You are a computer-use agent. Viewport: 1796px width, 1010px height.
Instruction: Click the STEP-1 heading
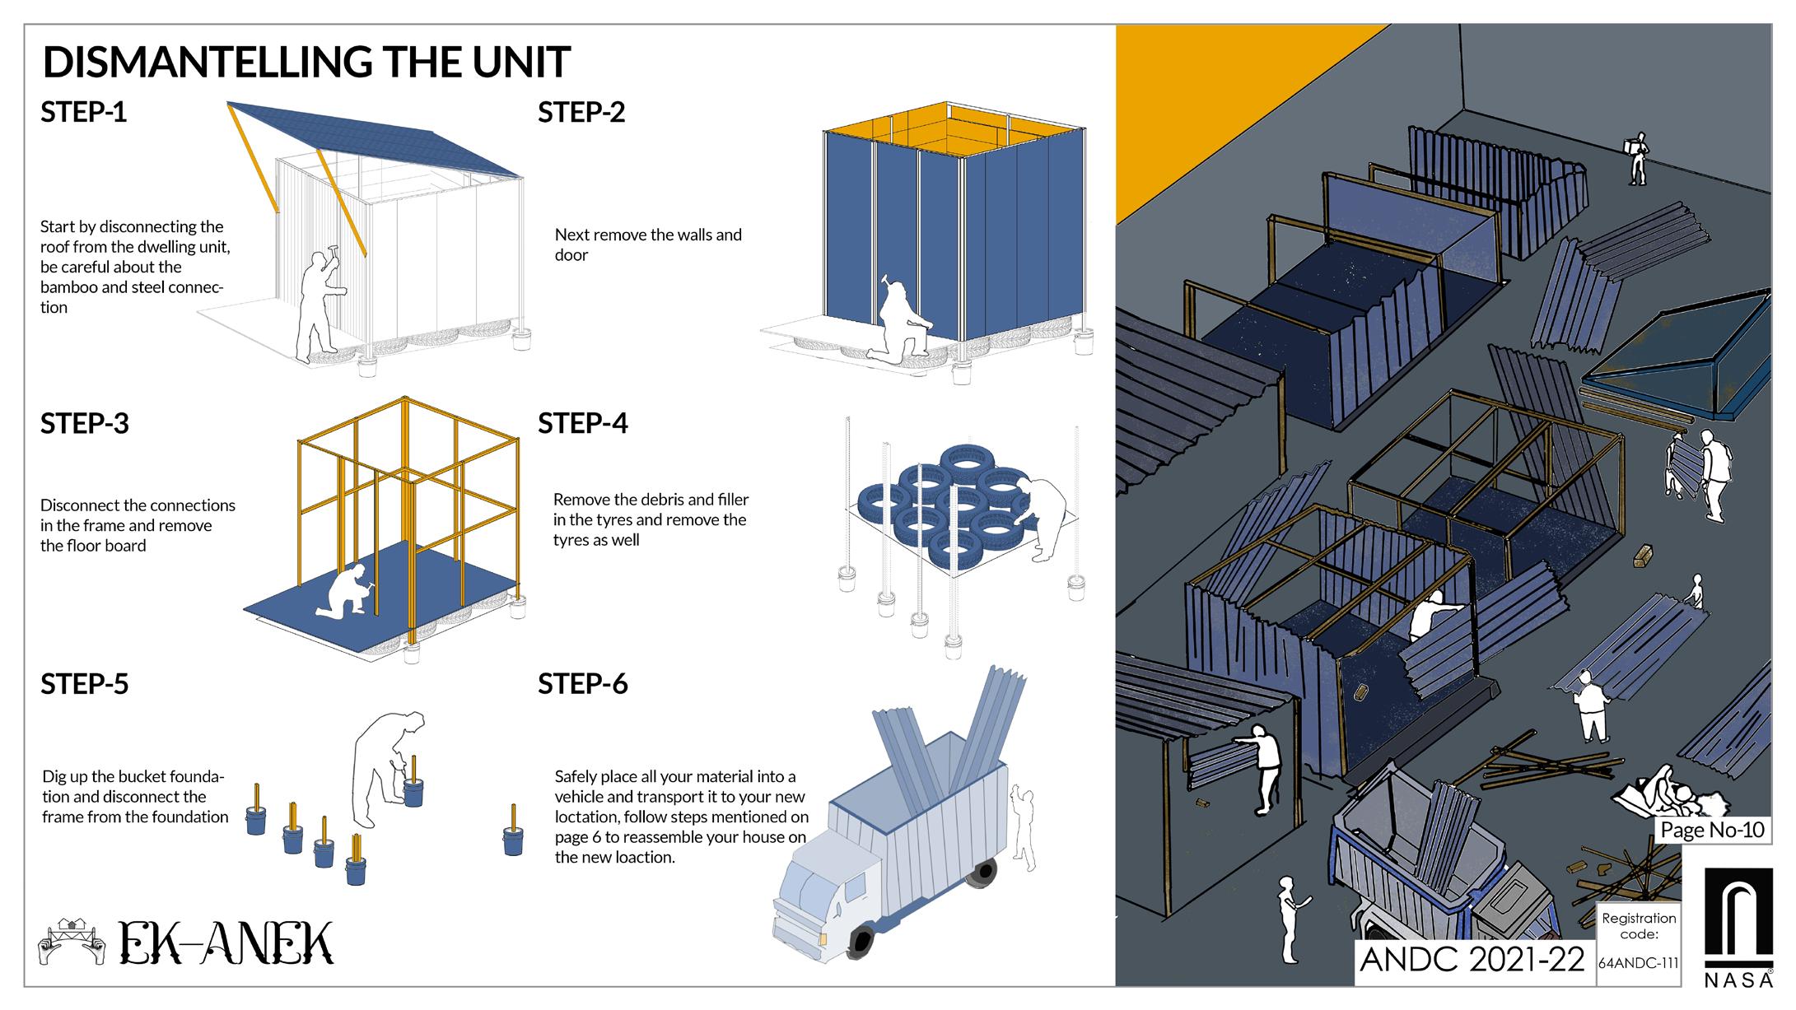coord(84,112)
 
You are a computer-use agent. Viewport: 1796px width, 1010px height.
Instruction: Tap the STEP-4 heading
coord(583,423)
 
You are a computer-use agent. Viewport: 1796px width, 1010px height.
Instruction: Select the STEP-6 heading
coord(583,684)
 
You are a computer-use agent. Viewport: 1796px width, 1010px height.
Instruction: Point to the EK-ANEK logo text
coord(226,943)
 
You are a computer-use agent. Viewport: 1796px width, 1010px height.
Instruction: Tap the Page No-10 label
coord(1713,829)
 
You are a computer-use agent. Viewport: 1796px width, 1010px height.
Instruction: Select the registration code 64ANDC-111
coord(1639,963)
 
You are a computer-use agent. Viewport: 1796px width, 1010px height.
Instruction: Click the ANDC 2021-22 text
coord(1472,960)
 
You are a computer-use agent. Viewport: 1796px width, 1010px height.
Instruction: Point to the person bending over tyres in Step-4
coord(1044,516)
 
